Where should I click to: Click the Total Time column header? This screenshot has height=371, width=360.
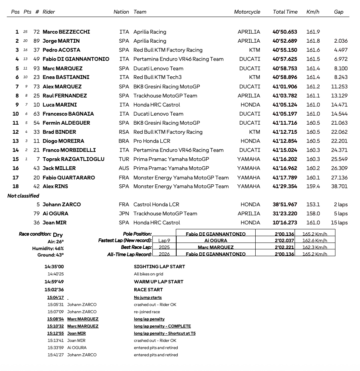pos(285,12)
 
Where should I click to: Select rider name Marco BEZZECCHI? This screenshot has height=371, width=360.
pos(66,32)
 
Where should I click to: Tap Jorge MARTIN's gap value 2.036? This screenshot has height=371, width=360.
pos(340,41)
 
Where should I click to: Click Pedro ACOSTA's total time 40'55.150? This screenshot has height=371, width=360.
pos(284,50)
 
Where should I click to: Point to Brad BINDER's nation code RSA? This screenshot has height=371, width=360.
pos(124,132)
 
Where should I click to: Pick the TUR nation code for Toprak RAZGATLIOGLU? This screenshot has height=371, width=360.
pos(124,159)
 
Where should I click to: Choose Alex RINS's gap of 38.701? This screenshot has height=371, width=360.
pos(339,186)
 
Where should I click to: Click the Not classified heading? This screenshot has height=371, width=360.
pos(23,196)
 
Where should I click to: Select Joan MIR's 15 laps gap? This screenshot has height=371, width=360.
pos(339,223)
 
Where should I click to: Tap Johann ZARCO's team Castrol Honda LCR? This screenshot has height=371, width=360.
pos(156,204)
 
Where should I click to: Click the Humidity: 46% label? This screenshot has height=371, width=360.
pos(48,248)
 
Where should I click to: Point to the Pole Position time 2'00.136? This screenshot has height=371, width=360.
pos(284,234)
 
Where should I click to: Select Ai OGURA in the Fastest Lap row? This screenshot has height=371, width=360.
pos(216,240)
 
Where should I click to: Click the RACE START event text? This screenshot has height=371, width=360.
pos(148,290)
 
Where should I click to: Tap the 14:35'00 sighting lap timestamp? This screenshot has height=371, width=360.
pos(54,267)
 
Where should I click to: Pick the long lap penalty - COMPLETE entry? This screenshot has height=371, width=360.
pos(162,326)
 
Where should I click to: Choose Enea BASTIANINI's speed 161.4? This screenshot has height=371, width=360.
pos(313,77)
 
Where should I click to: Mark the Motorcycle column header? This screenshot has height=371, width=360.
pos(247,12)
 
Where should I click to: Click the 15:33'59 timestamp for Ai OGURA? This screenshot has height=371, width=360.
pos(56,348)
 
